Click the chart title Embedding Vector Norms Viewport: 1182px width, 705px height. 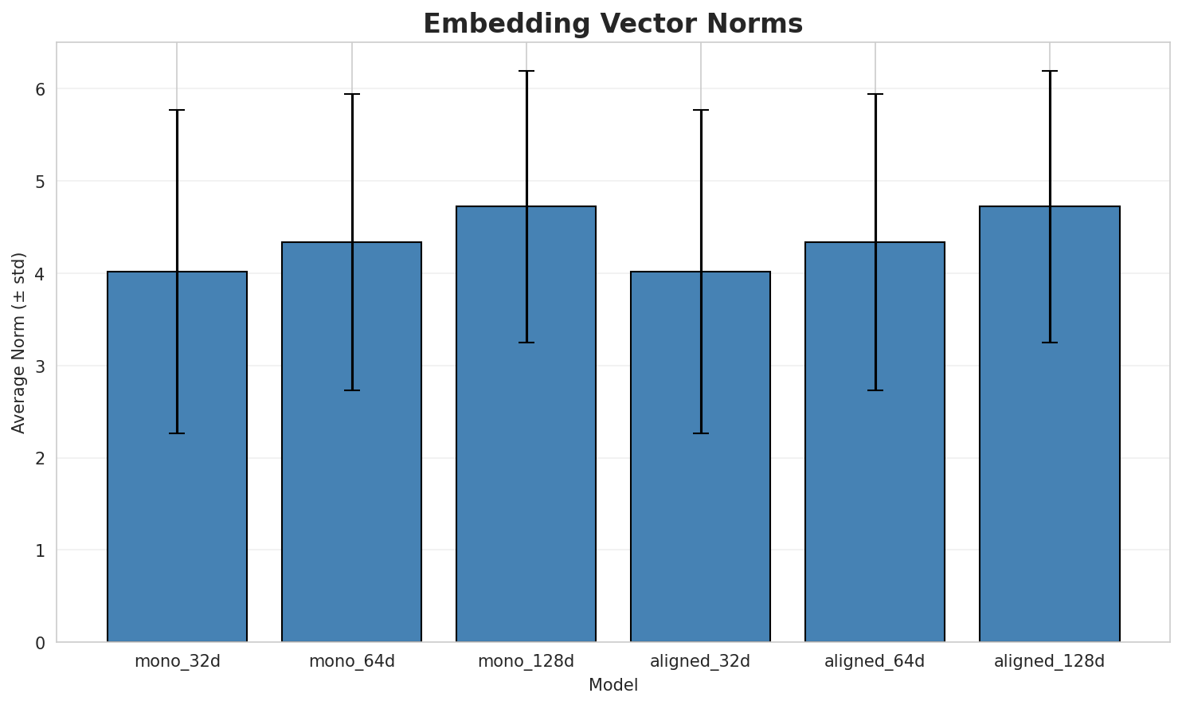click(613, 24)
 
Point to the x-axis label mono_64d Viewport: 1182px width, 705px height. click(351, 661)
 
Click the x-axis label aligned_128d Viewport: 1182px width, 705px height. click(1049, 661)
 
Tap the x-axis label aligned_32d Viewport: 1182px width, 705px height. click(700, 661)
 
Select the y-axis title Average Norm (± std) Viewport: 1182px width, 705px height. click(19, 343)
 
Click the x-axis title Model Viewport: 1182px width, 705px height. click(613, 685)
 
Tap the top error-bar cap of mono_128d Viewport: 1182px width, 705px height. click(526, 71)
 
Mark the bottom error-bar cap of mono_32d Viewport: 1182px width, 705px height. click(177, 433)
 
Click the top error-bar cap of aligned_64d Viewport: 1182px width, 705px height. click(875, 94)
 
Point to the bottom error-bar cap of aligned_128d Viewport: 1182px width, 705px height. click(1049, 343)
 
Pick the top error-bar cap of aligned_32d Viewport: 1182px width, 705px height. click(700, 110)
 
